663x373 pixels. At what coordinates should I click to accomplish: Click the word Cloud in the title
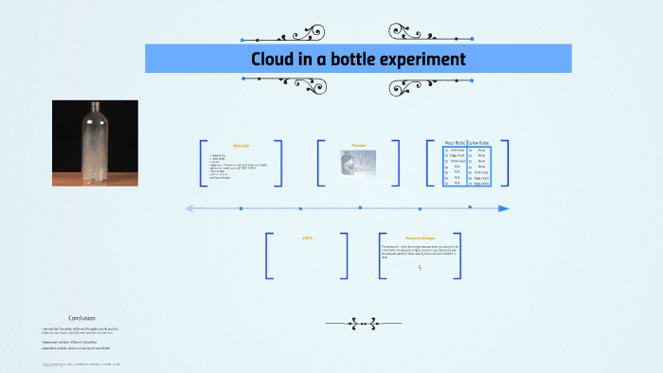tap(274, 59)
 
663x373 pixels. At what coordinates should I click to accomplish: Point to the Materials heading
tap(241, 145)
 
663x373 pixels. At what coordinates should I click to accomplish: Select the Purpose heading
tap(359, 145)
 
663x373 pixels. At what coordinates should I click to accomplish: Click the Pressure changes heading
tap(420, 238)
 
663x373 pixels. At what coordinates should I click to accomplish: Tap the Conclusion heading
tap(81, 317)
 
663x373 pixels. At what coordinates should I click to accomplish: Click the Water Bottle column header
tap(456, 143)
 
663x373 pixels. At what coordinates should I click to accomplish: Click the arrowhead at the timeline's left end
tap(189, 208)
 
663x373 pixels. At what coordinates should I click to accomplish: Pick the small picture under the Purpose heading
tap(359, 164)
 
